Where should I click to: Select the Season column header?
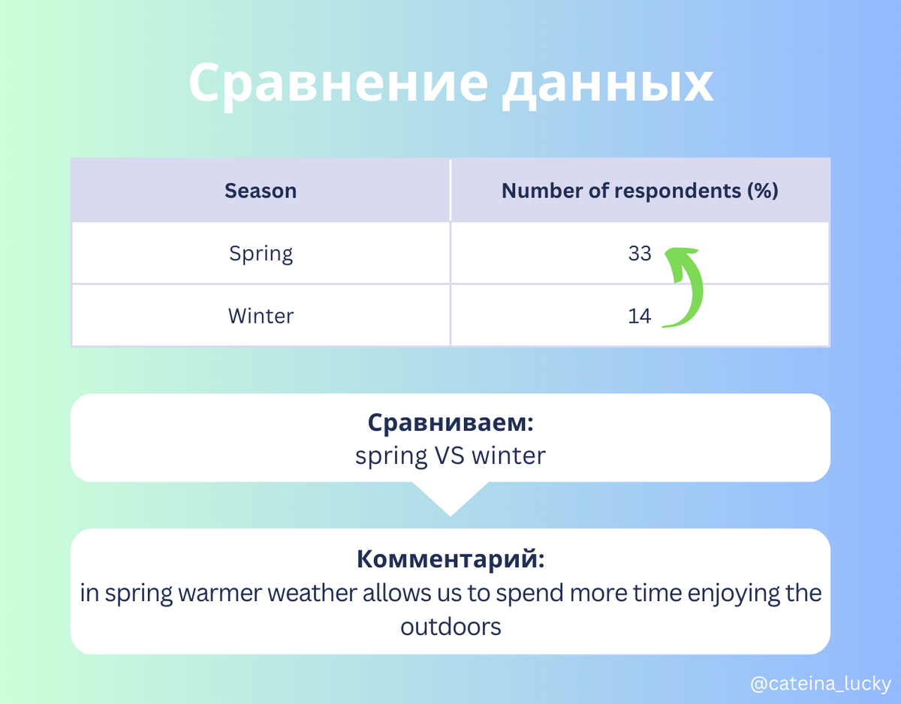click(x=261, y=191)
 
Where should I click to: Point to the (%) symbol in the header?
click(x=762, y=191)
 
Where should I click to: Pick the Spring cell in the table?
click(x=261, y=254)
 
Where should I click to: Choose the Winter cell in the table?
click(x=261, y=316)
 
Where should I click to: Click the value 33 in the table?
click(x=640, y=254)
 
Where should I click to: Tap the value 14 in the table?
click(x=640, y=316)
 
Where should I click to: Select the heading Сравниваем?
click(x=450, y=423)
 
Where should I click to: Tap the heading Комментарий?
click(x=450, y=559)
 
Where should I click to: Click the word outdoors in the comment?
click(x=450, y=626)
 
